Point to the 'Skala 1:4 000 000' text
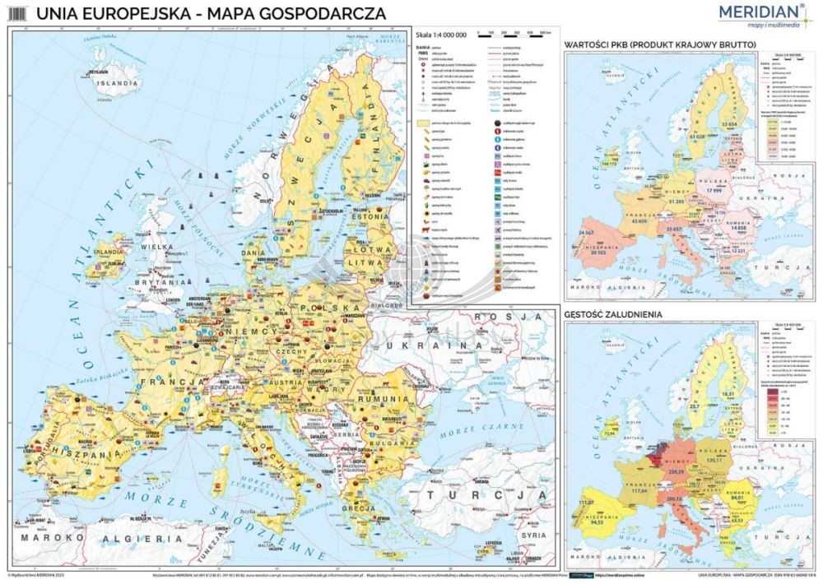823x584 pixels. point(441,35)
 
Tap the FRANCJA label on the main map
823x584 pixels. point(173,382)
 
